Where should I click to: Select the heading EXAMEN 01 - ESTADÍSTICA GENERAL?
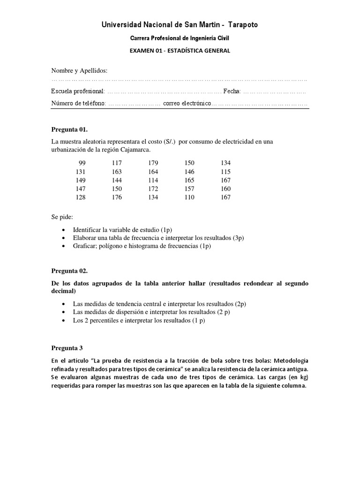(180, 51)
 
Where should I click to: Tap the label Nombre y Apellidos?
(79, 71)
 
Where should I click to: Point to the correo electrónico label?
(187, 103)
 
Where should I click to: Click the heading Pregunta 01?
(69, 129)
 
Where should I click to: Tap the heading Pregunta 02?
(69, 271)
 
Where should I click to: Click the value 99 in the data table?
(82, 163)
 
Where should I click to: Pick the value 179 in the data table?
(153, 163)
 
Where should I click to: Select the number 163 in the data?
(117, 172)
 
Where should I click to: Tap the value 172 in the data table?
(153, 189)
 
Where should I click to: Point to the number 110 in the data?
(189, 197)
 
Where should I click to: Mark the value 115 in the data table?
(225, 172)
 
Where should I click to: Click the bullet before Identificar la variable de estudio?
(64, 230)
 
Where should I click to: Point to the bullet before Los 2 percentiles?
(64, 321)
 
